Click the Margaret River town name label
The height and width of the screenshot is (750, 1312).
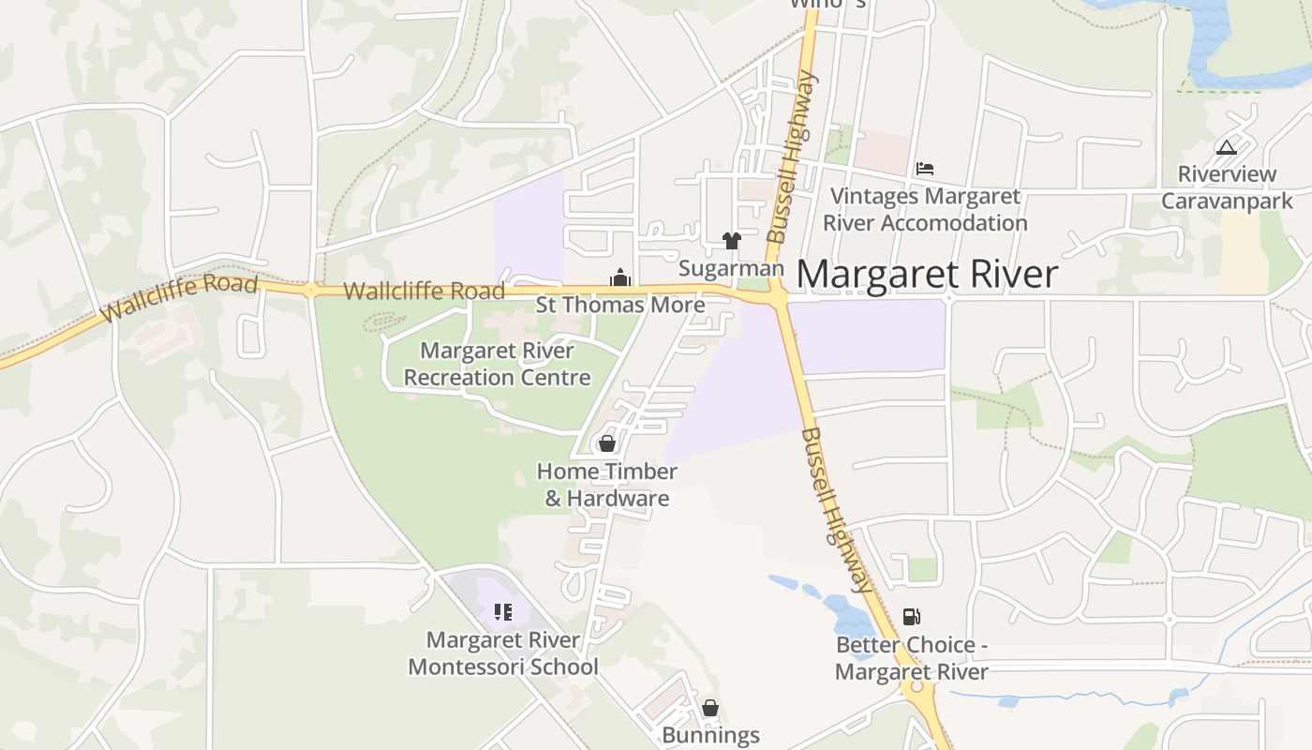pyautogui.click(x=927, y=274)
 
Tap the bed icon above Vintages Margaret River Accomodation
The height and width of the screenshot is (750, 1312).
pyautogui.click(x=925, y=169)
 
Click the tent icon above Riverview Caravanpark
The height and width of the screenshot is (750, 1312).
pyautogui.click(x=1226, y=147)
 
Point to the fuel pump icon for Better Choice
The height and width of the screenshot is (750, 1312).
pyautogui.click(x=911, y=616)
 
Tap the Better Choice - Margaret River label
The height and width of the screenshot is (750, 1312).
pyautogui.click(x=911, y=659)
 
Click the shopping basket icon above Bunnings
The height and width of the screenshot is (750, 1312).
pyautogui.click(x=710, y=707)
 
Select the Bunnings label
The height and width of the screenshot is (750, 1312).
pyautogui.click(x=710, y=735)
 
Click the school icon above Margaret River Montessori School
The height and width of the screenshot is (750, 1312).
pyautogui.click(x=503, y=612)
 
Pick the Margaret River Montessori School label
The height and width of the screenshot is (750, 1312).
pyautogui.click(x=503, y=653)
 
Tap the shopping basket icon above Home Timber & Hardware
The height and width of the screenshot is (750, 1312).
pyautogui.click(x=607, y=443)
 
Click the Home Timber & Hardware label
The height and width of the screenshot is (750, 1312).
pyautogui.click(x=607, y=485)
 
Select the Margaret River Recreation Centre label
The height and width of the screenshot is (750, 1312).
pyautogui.click(x=497, y=364)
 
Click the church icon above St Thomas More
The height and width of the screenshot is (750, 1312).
pyautogui.click(x=619, y=277)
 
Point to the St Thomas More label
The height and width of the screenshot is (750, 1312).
pyautogui.click(x=619, y=305)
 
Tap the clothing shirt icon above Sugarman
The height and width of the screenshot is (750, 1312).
pyautogui.click(x=732, y=241)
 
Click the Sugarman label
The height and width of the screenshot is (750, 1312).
pyautogui.click(x=731, y=268)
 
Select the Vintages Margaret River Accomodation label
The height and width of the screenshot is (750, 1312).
pyautogui.click(x=925, y=210)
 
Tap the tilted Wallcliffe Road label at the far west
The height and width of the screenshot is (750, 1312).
pyautogui.click(x=179, y=297)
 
